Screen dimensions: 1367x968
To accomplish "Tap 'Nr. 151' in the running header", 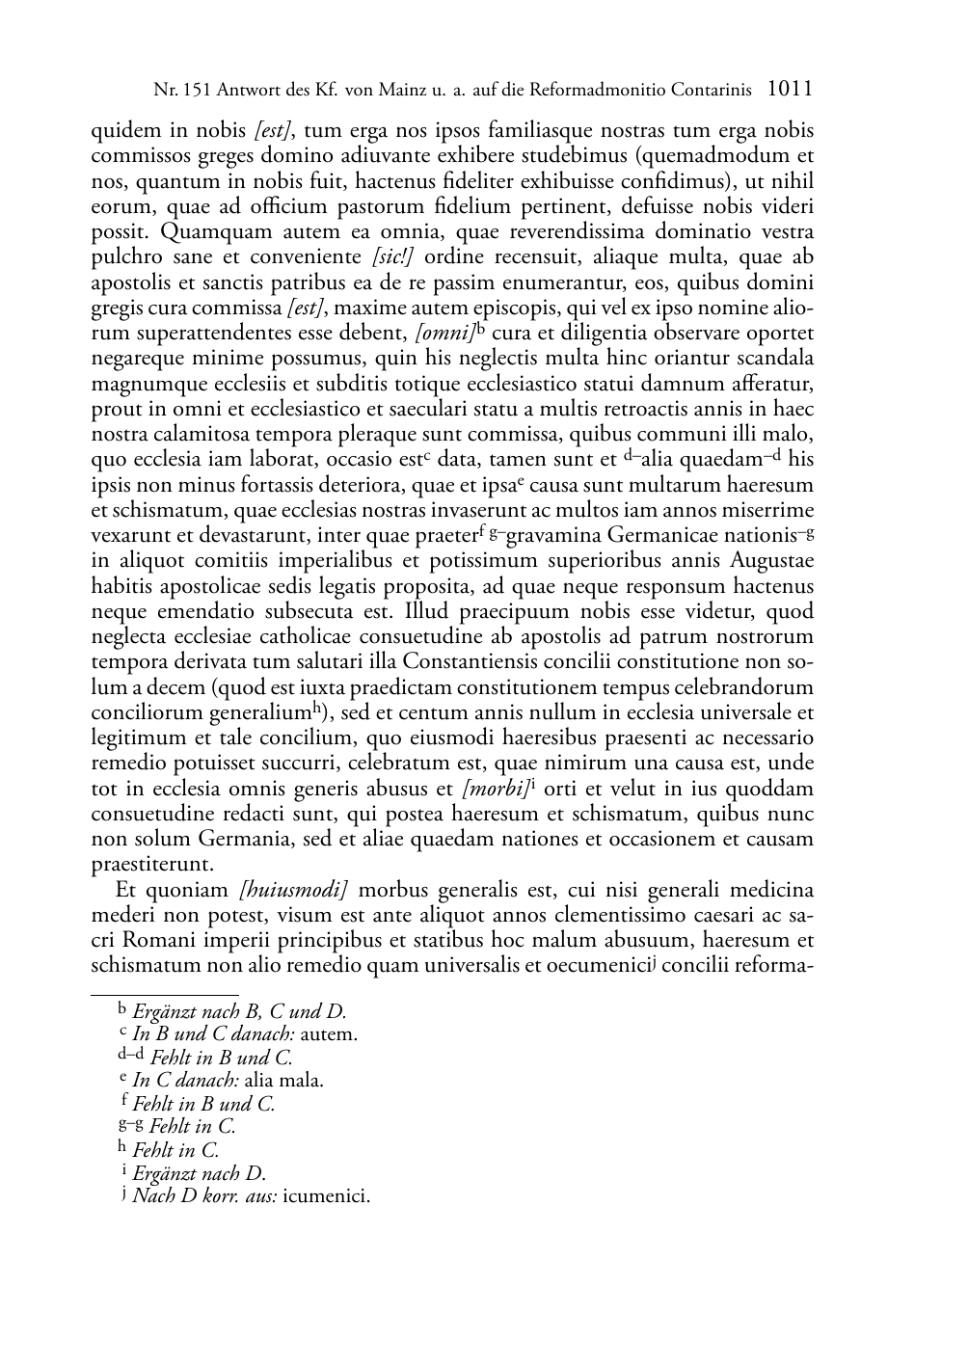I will (x=176, y=91).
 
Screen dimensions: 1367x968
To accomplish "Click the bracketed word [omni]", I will (x=444, y=334).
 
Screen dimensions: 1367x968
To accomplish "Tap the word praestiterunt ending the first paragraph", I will (x=152, y=864).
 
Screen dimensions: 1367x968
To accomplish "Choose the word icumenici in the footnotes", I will (x=326, y=1196).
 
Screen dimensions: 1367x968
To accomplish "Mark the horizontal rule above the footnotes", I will (x=164, y=994).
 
